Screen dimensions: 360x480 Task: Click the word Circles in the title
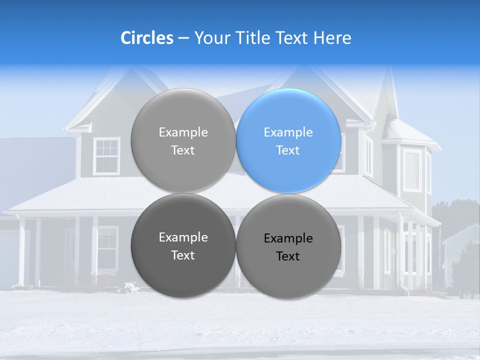[147, 38]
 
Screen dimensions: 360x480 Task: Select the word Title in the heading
[254, 38]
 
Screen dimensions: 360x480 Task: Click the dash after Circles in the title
[183, 38]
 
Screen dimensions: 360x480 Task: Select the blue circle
[288, 140]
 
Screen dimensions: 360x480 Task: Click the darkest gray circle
[183, 245]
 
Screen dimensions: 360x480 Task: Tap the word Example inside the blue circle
[288, 132]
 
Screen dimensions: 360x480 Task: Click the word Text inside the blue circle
[288, 150]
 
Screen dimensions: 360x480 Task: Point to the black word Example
[288, 238]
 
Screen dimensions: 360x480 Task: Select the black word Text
[288, 256]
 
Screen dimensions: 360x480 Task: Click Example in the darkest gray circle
[183, 237]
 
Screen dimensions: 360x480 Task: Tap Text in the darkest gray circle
[183, 255]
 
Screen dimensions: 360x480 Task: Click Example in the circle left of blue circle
[183, 132]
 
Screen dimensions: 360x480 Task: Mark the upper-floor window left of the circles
[106, 156]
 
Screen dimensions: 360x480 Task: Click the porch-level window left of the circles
[107, 248]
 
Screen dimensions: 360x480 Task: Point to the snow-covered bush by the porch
[132, 287]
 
